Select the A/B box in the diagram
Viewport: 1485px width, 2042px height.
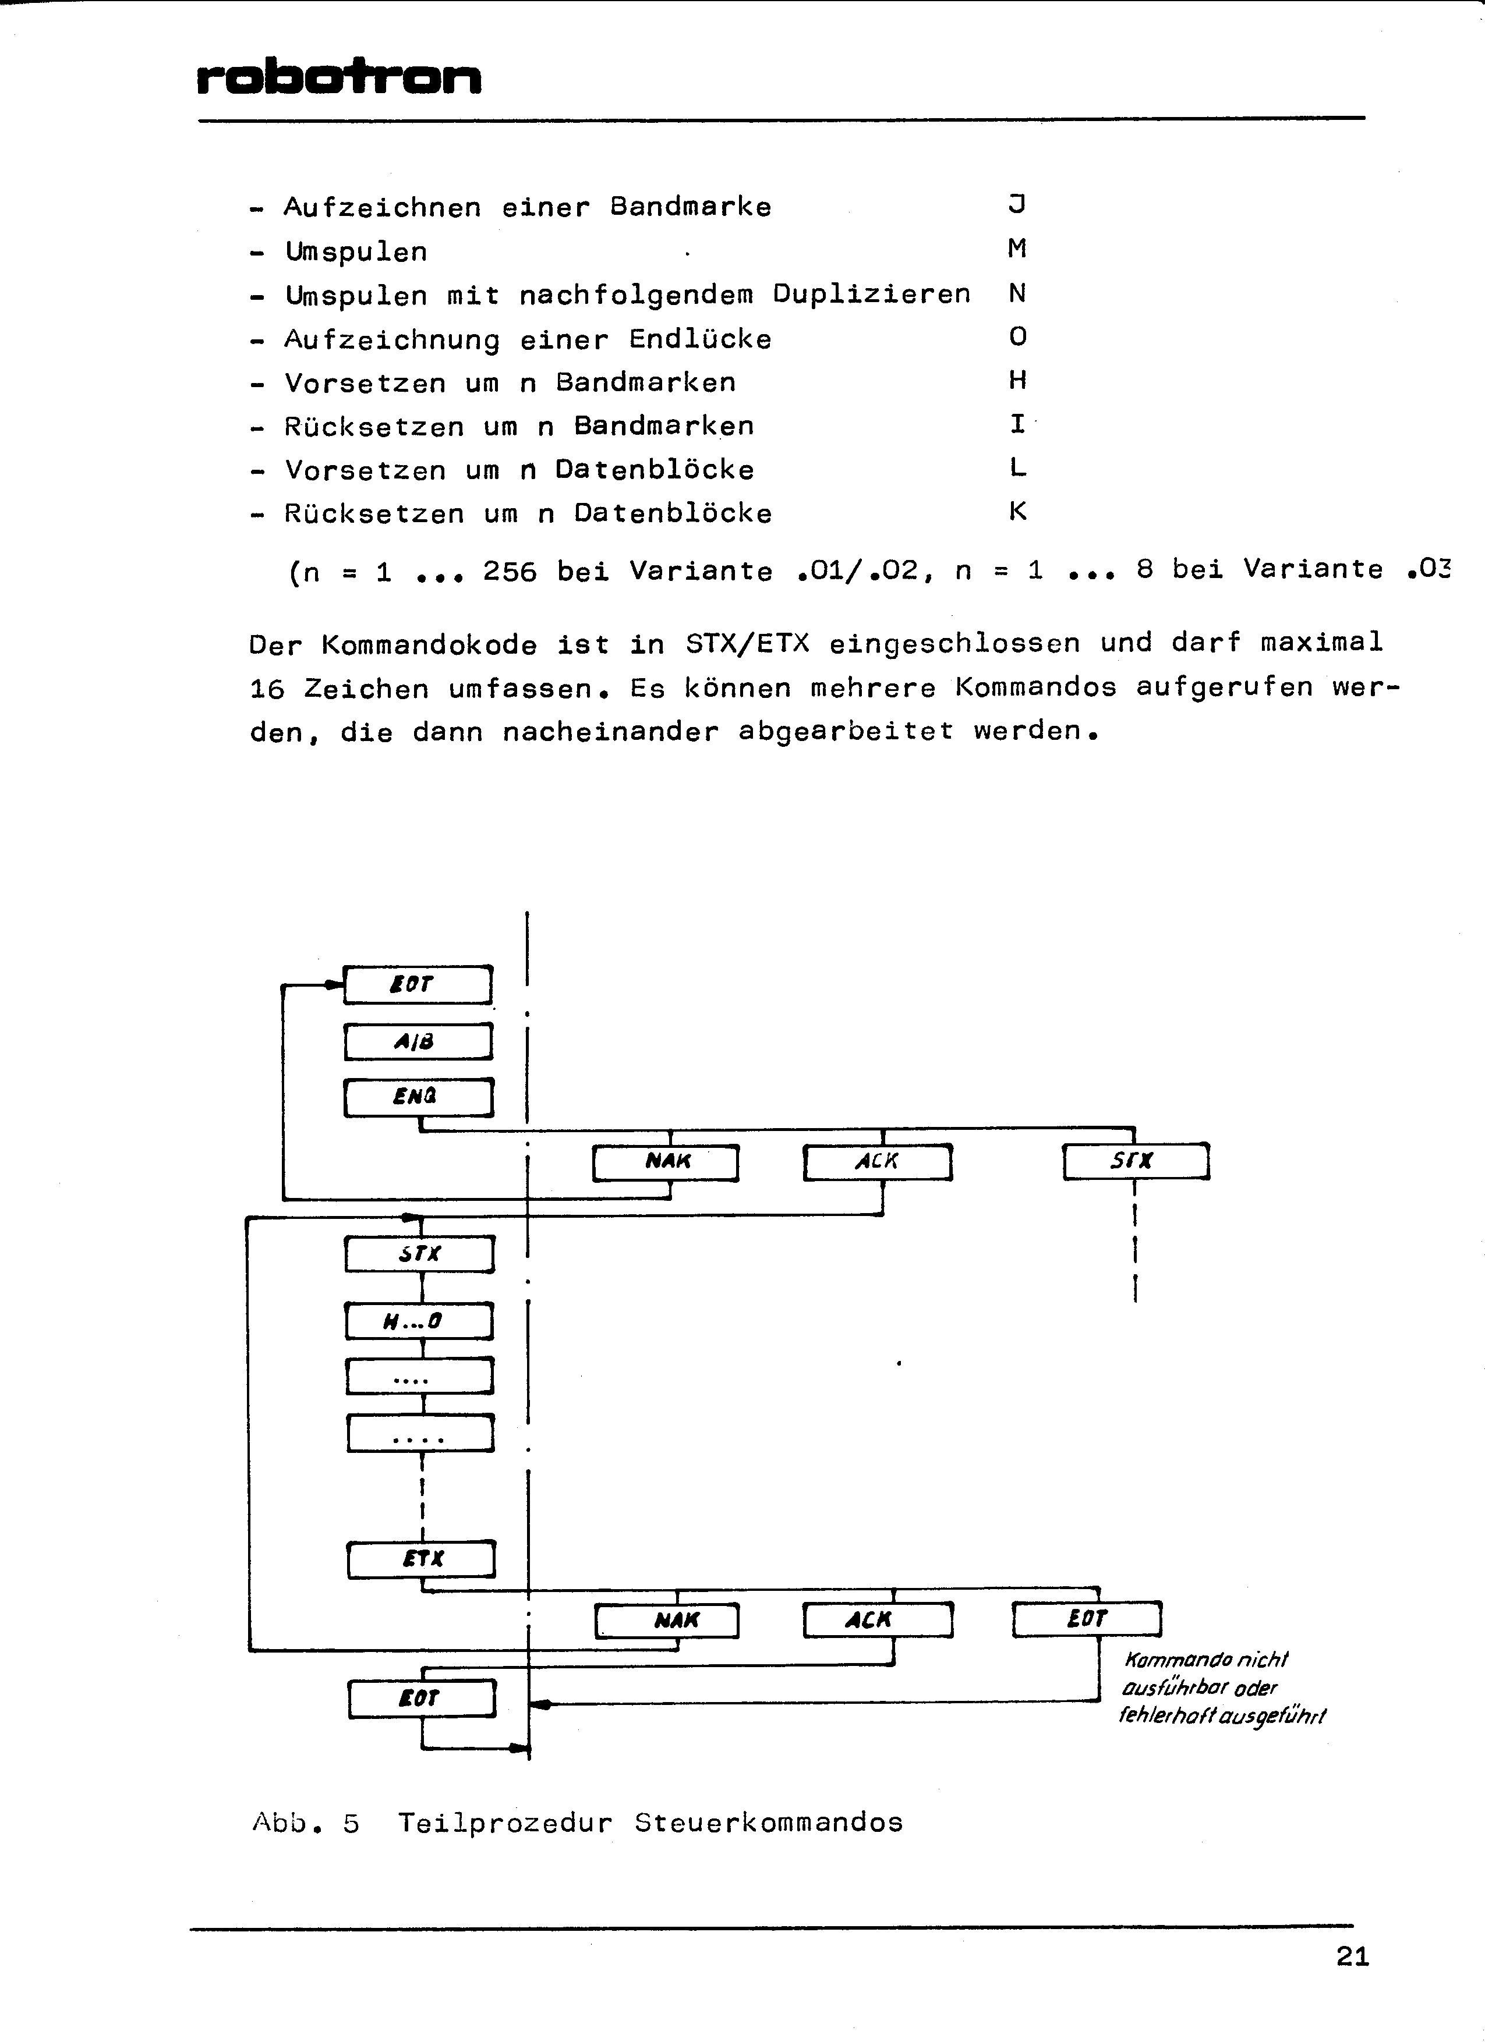pos(418,1042)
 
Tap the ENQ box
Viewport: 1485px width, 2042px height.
pos(418,1097)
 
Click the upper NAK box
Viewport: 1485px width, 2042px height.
pos(666,1161)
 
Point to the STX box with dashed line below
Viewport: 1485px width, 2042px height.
pos(1136,1161)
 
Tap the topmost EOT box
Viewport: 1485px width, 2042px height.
pos(418,984)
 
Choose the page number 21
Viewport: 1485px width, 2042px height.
pos(1353,1956)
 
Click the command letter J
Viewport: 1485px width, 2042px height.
pos(1017,204)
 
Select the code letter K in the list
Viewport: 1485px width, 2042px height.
pos(1017,512)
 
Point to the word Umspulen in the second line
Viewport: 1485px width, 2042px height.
pos(356,251)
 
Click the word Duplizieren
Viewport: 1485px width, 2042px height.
pos(872,295)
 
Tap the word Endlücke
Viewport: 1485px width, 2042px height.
pos(700,339)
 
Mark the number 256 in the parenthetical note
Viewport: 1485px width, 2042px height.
pos(510,571)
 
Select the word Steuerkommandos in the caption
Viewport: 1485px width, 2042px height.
pos(768,1823)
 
